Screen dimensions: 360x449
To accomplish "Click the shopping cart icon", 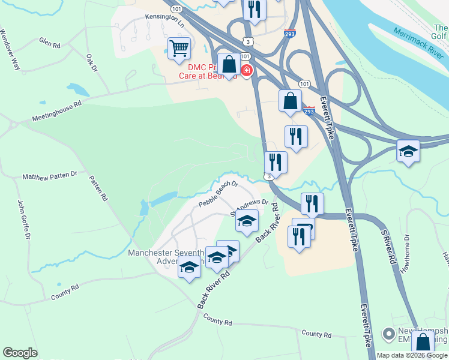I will pos(179,48).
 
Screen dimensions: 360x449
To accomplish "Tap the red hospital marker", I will pos(246,71).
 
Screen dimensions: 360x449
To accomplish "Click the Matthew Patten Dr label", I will pos(50,176).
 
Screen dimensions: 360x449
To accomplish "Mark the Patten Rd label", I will pos(99,187).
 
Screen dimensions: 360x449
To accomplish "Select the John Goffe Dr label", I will pos(23,220).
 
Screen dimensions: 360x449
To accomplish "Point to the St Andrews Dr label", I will pos(249,207).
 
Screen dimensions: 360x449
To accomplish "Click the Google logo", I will pos(20,353).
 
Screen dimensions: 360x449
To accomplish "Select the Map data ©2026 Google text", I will pos(412,355).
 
